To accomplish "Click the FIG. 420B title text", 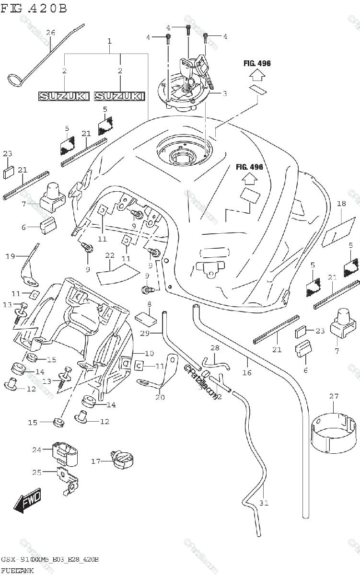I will tap(34, 8).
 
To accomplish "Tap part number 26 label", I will tap(50, 33).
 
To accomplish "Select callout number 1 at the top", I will tap(109, 42).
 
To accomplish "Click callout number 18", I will tap(341, 204).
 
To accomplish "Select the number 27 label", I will tap(334, 396).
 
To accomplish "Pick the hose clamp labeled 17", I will tap(121, 460).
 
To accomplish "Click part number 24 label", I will tap(37, 450).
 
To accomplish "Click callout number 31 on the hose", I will tap(264, 503).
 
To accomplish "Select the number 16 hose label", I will tap(247, 372).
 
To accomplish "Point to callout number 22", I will tap(110, 255).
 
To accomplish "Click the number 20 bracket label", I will tap(159, 397).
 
